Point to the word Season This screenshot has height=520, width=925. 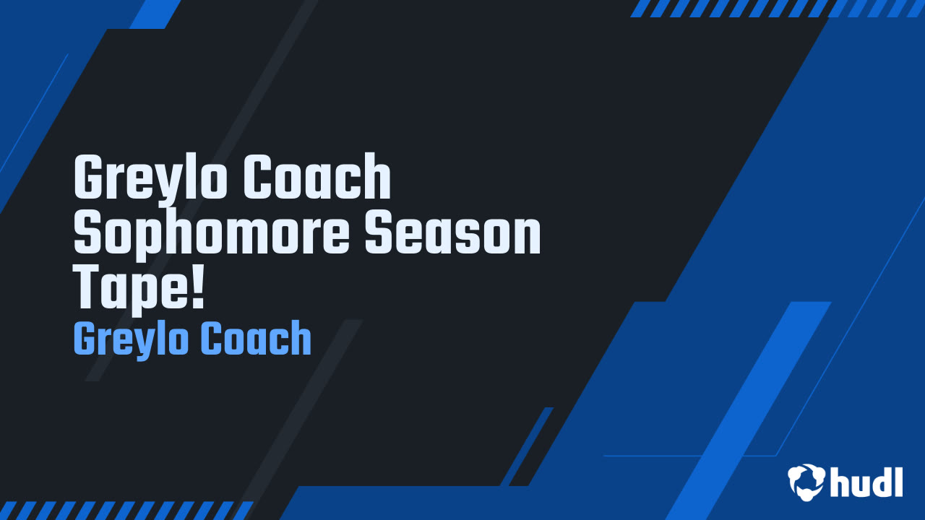pyautogui.click(x=453, y=230)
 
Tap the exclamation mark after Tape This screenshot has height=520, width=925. pyautogui.click(x=198, y=286)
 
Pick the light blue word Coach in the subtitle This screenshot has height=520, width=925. pyautogui.click(x=256, y=338)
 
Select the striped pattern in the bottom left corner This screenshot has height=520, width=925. pyautogui.click(x=126, y=511)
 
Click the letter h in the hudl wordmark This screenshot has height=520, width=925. pyautogui.click(x=841, y=482)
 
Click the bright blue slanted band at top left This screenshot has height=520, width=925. pyautogui.click(x=155, y=14)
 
